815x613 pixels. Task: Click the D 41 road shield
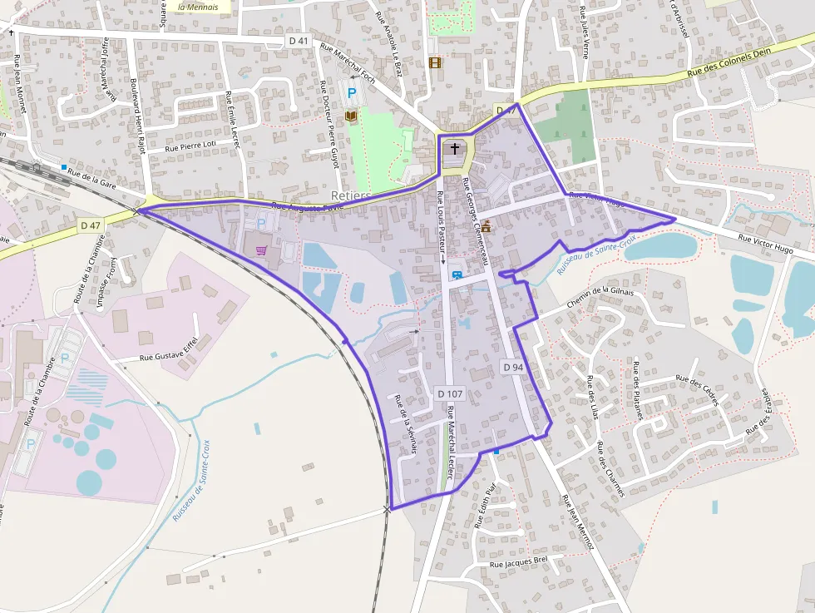[298, 40]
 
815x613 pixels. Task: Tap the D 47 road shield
[91, 225]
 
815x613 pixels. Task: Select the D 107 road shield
[449, 393]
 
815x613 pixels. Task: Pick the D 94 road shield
[513, 367]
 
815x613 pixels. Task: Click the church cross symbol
[454, 150]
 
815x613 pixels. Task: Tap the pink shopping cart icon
[261, 250]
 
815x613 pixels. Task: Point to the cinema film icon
[434, 62]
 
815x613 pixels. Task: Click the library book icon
[351, 116]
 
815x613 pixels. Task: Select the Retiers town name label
[350, 195]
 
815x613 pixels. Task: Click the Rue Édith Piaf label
[484, 506]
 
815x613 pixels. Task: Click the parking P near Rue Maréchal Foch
[352, 94]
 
